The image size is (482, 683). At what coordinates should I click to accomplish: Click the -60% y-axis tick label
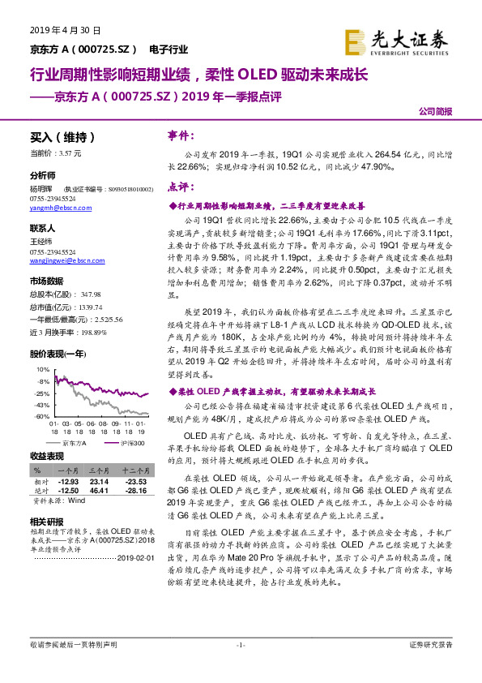click(42, 415)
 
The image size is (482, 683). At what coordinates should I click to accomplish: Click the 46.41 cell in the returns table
click(99, 489)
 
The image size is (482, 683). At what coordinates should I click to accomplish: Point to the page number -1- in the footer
click(240, 645)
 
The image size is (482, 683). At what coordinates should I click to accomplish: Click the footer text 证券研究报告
click(432, 645)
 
